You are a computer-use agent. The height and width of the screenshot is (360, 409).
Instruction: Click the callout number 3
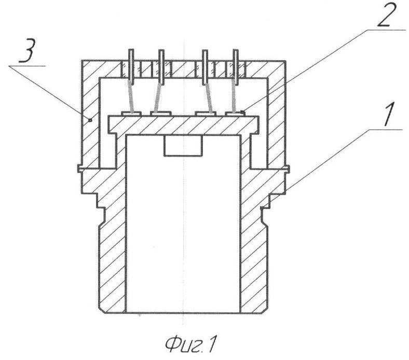[27, 52]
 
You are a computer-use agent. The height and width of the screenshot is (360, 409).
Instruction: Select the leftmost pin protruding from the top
[131, 67]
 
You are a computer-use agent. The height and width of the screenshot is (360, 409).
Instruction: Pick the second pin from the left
[162, 67]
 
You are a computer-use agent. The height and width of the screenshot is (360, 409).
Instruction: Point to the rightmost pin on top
[236, 67]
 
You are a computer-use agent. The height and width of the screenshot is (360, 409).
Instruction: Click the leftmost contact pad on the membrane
[131, 114]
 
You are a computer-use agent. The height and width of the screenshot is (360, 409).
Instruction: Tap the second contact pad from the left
[161, 114]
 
